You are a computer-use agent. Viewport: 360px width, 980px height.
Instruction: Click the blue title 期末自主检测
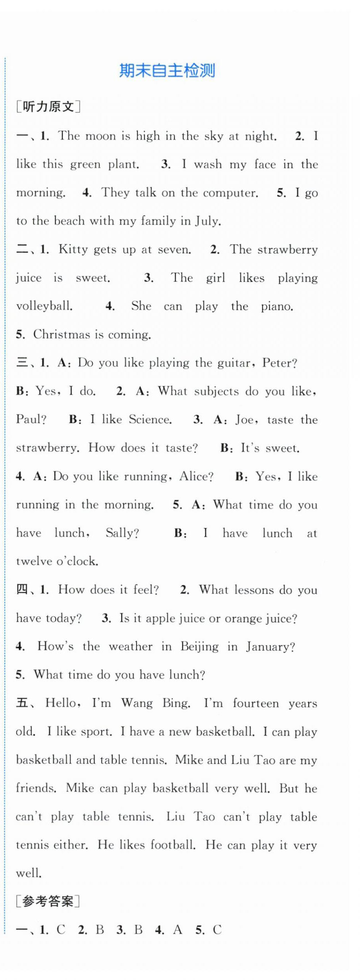pos(167,71)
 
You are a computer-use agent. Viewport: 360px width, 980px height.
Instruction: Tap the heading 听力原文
pos(48,106)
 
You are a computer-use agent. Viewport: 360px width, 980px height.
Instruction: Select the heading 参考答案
pos(48,901)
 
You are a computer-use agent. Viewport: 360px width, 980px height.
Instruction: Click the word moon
pos(100,136)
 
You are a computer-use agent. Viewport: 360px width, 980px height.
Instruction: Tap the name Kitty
pos(73,249)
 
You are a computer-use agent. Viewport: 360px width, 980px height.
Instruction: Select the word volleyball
pos(44,306)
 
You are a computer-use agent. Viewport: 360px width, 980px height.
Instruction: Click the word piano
pos(277,306)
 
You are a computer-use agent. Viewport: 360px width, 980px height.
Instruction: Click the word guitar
pos(234,363)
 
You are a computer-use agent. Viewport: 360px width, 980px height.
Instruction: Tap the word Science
pos(150,420)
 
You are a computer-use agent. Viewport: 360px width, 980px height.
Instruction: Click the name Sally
pos(122,533)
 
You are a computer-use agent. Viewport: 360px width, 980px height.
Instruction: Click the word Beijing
pos(199,647)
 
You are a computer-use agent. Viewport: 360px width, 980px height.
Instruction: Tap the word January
pos(270,647)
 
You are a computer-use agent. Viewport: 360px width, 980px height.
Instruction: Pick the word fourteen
pos(256,703)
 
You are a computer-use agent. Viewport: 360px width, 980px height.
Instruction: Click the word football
pos(173,845)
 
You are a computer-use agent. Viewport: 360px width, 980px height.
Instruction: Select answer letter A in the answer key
pos(177,930)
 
